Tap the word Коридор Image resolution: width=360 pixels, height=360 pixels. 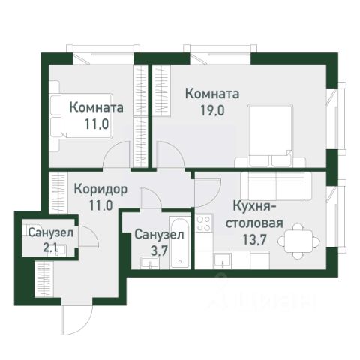(100, 188)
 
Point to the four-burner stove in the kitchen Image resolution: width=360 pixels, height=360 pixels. (202, 222)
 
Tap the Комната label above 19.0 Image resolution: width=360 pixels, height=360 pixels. (211, 94)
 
